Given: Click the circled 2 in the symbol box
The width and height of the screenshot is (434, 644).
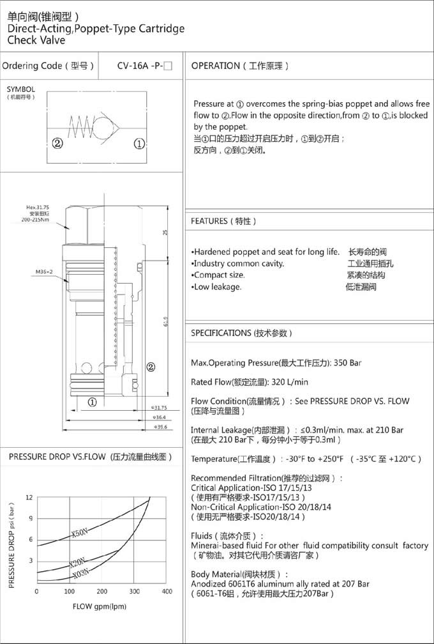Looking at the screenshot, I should tap(57, 143).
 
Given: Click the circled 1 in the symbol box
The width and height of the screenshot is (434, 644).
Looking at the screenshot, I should tap(138, 143).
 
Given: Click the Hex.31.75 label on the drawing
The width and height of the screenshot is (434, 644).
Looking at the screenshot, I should tap(38, 208).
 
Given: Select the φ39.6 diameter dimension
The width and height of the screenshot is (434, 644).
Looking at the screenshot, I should tap(158, 427).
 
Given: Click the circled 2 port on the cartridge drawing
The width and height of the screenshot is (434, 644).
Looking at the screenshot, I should tap(151, 367).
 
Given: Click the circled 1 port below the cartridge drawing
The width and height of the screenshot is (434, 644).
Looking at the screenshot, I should tap(92, 402).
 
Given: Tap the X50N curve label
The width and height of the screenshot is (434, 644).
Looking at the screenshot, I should tap(80, 532).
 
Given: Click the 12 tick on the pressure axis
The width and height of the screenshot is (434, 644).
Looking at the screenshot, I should tap(29, 497).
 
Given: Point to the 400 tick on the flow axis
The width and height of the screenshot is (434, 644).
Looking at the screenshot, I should tap(167, 591).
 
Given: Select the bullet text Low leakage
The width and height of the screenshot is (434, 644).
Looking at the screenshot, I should tap(217, 287).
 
